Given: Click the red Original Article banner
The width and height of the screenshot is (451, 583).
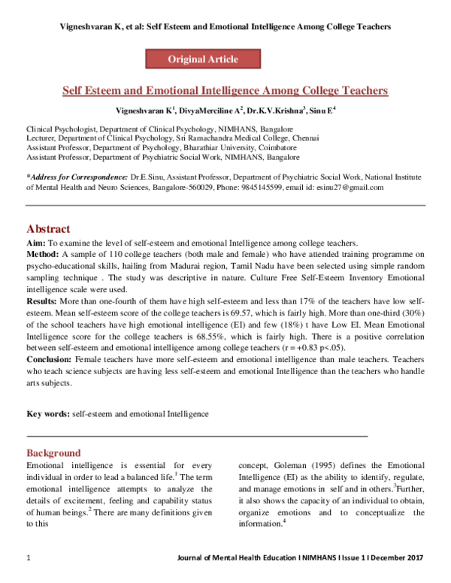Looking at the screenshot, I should tap(202, 59).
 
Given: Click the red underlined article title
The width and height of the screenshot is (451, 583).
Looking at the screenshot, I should tap(224, 91).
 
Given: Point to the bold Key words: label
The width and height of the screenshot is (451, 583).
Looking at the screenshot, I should tap(48, 413).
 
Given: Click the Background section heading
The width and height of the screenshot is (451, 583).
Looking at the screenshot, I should tap(53, 453).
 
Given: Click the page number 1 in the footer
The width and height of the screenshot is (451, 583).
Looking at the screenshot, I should tap(29, 556).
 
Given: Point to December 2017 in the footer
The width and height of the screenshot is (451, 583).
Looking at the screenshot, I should tap(398, 556).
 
